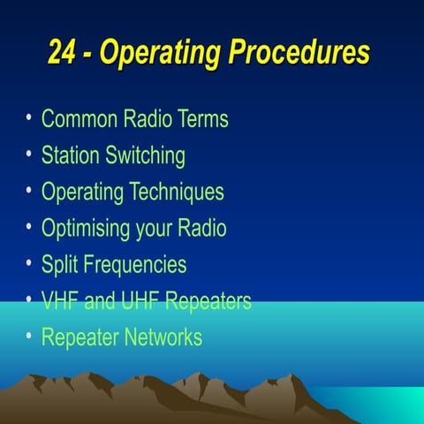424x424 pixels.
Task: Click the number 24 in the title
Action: (x=62, y=54)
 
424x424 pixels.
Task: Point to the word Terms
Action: (x=202, y=119)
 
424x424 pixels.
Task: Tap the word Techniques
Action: (x=177, y=192)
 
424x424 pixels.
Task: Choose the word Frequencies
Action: (x=134, y=264)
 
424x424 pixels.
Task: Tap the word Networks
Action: (x=163, y=337)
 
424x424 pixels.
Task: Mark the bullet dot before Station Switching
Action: (x=30, y=154)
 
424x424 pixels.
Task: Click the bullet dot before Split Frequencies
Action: (x=30, y=262)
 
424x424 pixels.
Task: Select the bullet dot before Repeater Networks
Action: (x=30, y=335)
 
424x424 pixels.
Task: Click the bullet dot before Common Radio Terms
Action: (x=30, y=117)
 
